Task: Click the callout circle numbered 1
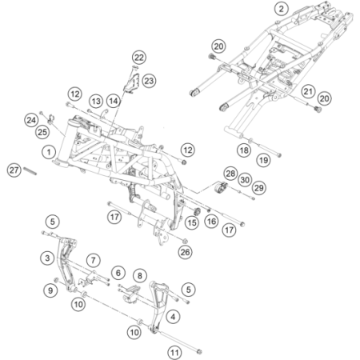coord(49,152)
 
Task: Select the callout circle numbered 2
coord(282,9)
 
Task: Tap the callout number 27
coord(14,170)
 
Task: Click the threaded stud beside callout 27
coord(30,171)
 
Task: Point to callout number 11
coord(174,353)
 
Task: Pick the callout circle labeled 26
coord(186,252)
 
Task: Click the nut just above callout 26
coord(185,242)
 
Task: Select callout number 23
coord(149,81)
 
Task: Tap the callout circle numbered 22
coord(139,58)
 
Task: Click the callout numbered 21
coord(308,91)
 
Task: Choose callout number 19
coord(263,160)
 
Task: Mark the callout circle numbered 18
coord(244,150)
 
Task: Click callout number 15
coord(192,222)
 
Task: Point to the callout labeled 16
coord(212,221)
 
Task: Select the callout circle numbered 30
coord(245,180)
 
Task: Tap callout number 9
coord(50,290)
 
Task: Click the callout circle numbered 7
coord(93,260)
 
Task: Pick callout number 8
coord(140,275)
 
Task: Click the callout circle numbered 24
coord(31,120)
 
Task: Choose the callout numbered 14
coord(114,101)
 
